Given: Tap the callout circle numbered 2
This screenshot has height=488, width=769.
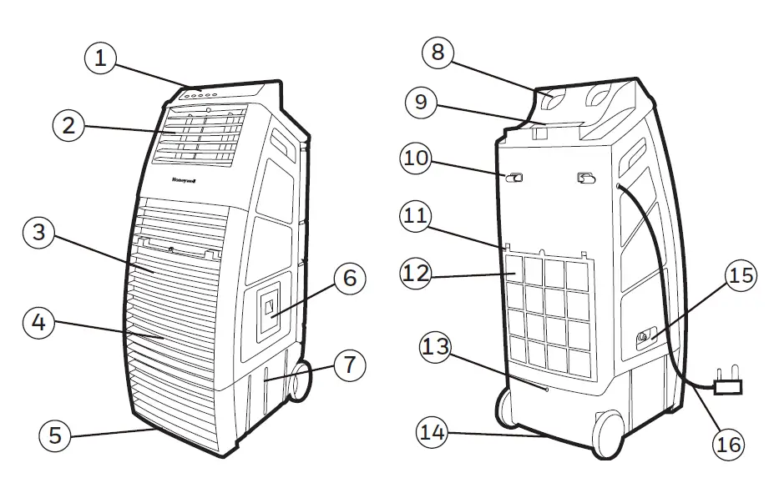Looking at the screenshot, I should tap(70, 126).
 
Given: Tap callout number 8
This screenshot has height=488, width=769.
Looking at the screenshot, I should tap(439, 53).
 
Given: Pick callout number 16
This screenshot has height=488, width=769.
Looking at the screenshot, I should tap(729, 445).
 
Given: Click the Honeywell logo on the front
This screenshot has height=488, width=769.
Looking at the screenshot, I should tap(190, 179).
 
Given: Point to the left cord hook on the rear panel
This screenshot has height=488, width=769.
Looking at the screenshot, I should tap(514, 178).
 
